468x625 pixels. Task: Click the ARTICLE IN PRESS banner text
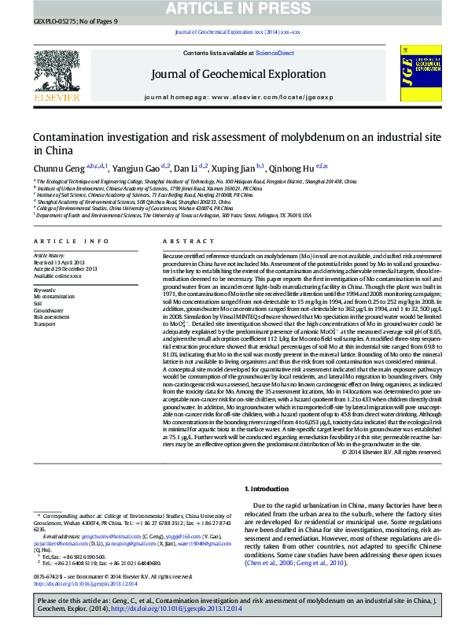coord(234,8)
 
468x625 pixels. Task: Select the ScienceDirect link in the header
coord(275,53)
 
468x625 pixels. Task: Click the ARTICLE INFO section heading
coord(71,241)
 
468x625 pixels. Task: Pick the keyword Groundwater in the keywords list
coord(48,311)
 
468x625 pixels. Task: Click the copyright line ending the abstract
coord(390,452)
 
